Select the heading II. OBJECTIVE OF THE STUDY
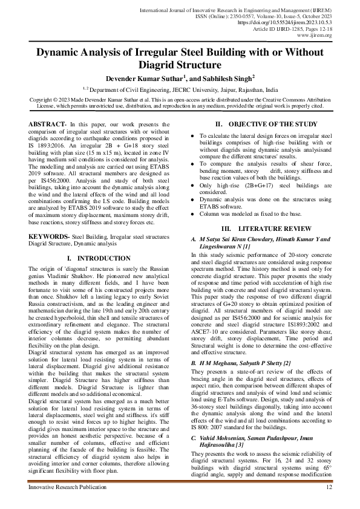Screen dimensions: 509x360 261,124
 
